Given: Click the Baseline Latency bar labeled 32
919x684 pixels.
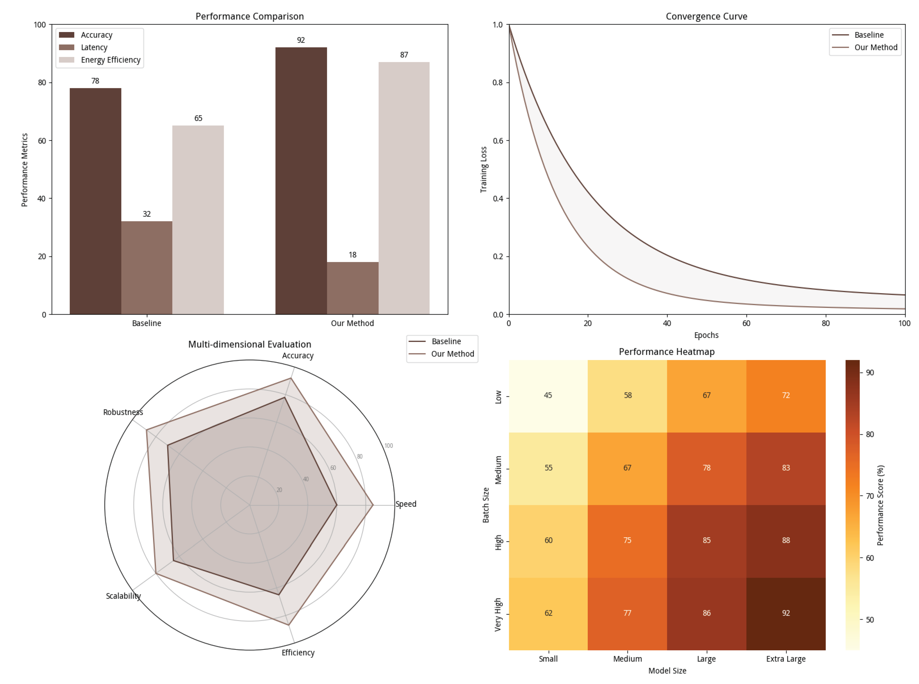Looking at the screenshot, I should tap(147, 268).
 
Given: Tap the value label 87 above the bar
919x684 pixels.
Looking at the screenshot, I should tap(404, 55).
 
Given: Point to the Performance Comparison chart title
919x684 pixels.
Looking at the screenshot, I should tap(249, 16).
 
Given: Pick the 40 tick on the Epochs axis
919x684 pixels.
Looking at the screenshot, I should tap(667, 323).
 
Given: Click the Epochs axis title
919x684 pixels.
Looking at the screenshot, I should tap(706, 335).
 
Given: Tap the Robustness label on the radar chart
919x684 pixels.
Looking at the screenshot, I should tap(123, 412).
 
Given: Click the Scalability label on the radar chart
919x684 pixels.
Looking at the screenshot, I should tap(123, 596).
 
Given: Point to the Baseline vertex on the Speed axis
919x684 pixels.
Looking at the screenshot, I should tap(336, 505).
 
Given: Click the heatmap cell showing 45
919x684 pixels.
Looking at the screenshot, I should tap(548, 395).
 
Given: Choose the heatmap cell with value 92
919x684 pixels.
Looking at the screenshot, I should tap(786, 613).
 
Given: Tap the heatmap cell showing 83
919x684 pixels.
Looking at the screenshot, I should tap(786, 468).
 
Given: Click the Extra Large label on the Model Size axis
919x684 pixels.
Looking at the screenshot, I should tap(786, 659).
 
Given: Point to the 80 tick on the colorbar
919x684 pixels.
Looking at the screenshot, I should tap(870, 434).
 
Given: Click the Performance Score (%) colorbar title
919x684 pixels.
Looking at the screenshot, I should tap(880, 505).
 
